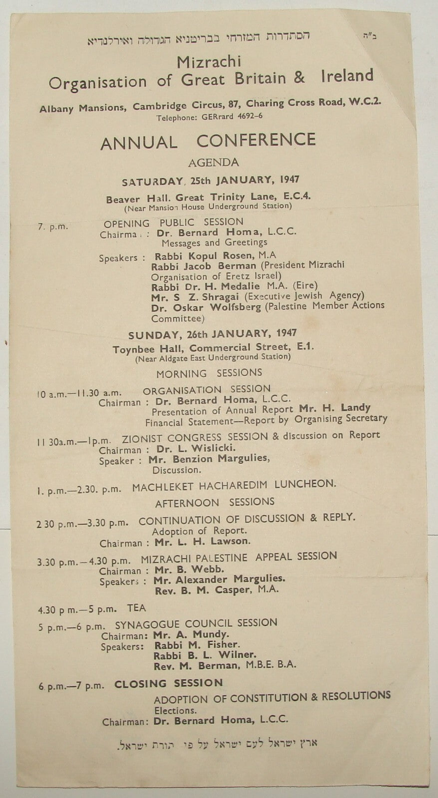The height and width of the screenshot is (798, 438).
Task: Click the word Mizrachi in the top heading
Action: (209, 62)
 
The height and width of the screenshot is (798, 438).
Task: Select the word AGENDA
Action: (213, 162)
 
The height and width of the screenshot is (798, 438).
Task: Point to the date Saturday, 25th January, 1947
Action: (210, 181)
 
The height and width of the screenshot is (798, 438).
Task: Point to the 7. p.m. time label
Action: (52, 226)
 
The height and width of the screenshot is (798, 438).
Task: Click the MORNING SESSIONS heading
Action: (209, 373)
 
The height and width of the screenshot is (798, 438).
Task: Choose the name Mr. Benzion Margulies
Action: (209, 458)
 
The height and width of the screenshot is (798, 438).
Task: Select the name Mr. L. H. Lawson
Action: (202, 542)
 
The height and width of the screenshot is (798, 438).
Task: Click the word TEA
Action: (136, 607)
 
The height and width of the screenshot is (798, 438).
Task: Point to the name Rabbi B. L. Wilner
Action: (205, 654)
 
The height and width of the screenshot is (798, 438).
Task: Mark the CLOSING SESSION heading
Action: (168, 684)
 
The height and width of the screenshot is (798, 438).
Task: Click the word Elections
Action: (175, 710)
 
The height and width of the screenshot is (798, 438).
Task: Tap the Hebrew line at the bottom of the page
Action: (217, 744)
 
